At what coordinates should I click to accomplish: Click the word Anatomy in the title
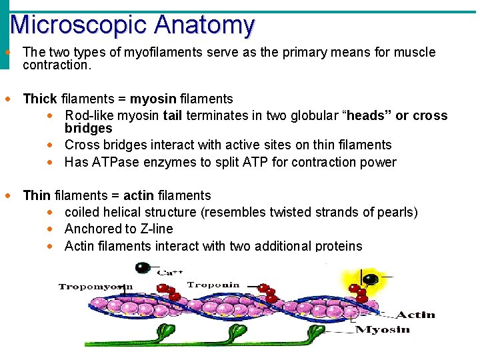click(x=204, y=25)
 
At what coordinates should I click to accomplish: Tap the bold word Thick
click(x=40, y=99)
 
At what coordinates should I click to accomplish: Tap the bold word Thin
click(x=37, y=195)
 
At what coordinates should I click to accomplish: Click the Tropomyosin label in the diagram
click(x=96, y=287)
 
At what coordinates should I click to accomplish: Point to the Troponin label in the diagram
click(x=213, y=285)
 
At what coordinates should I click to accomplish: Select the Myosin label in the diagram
click(x=383, y=329)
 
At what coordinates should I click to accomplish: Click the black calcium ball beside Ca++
click(x=142, y=268)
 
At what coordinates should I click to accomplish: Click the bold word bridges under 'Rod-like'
click(x=88, y=128)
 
